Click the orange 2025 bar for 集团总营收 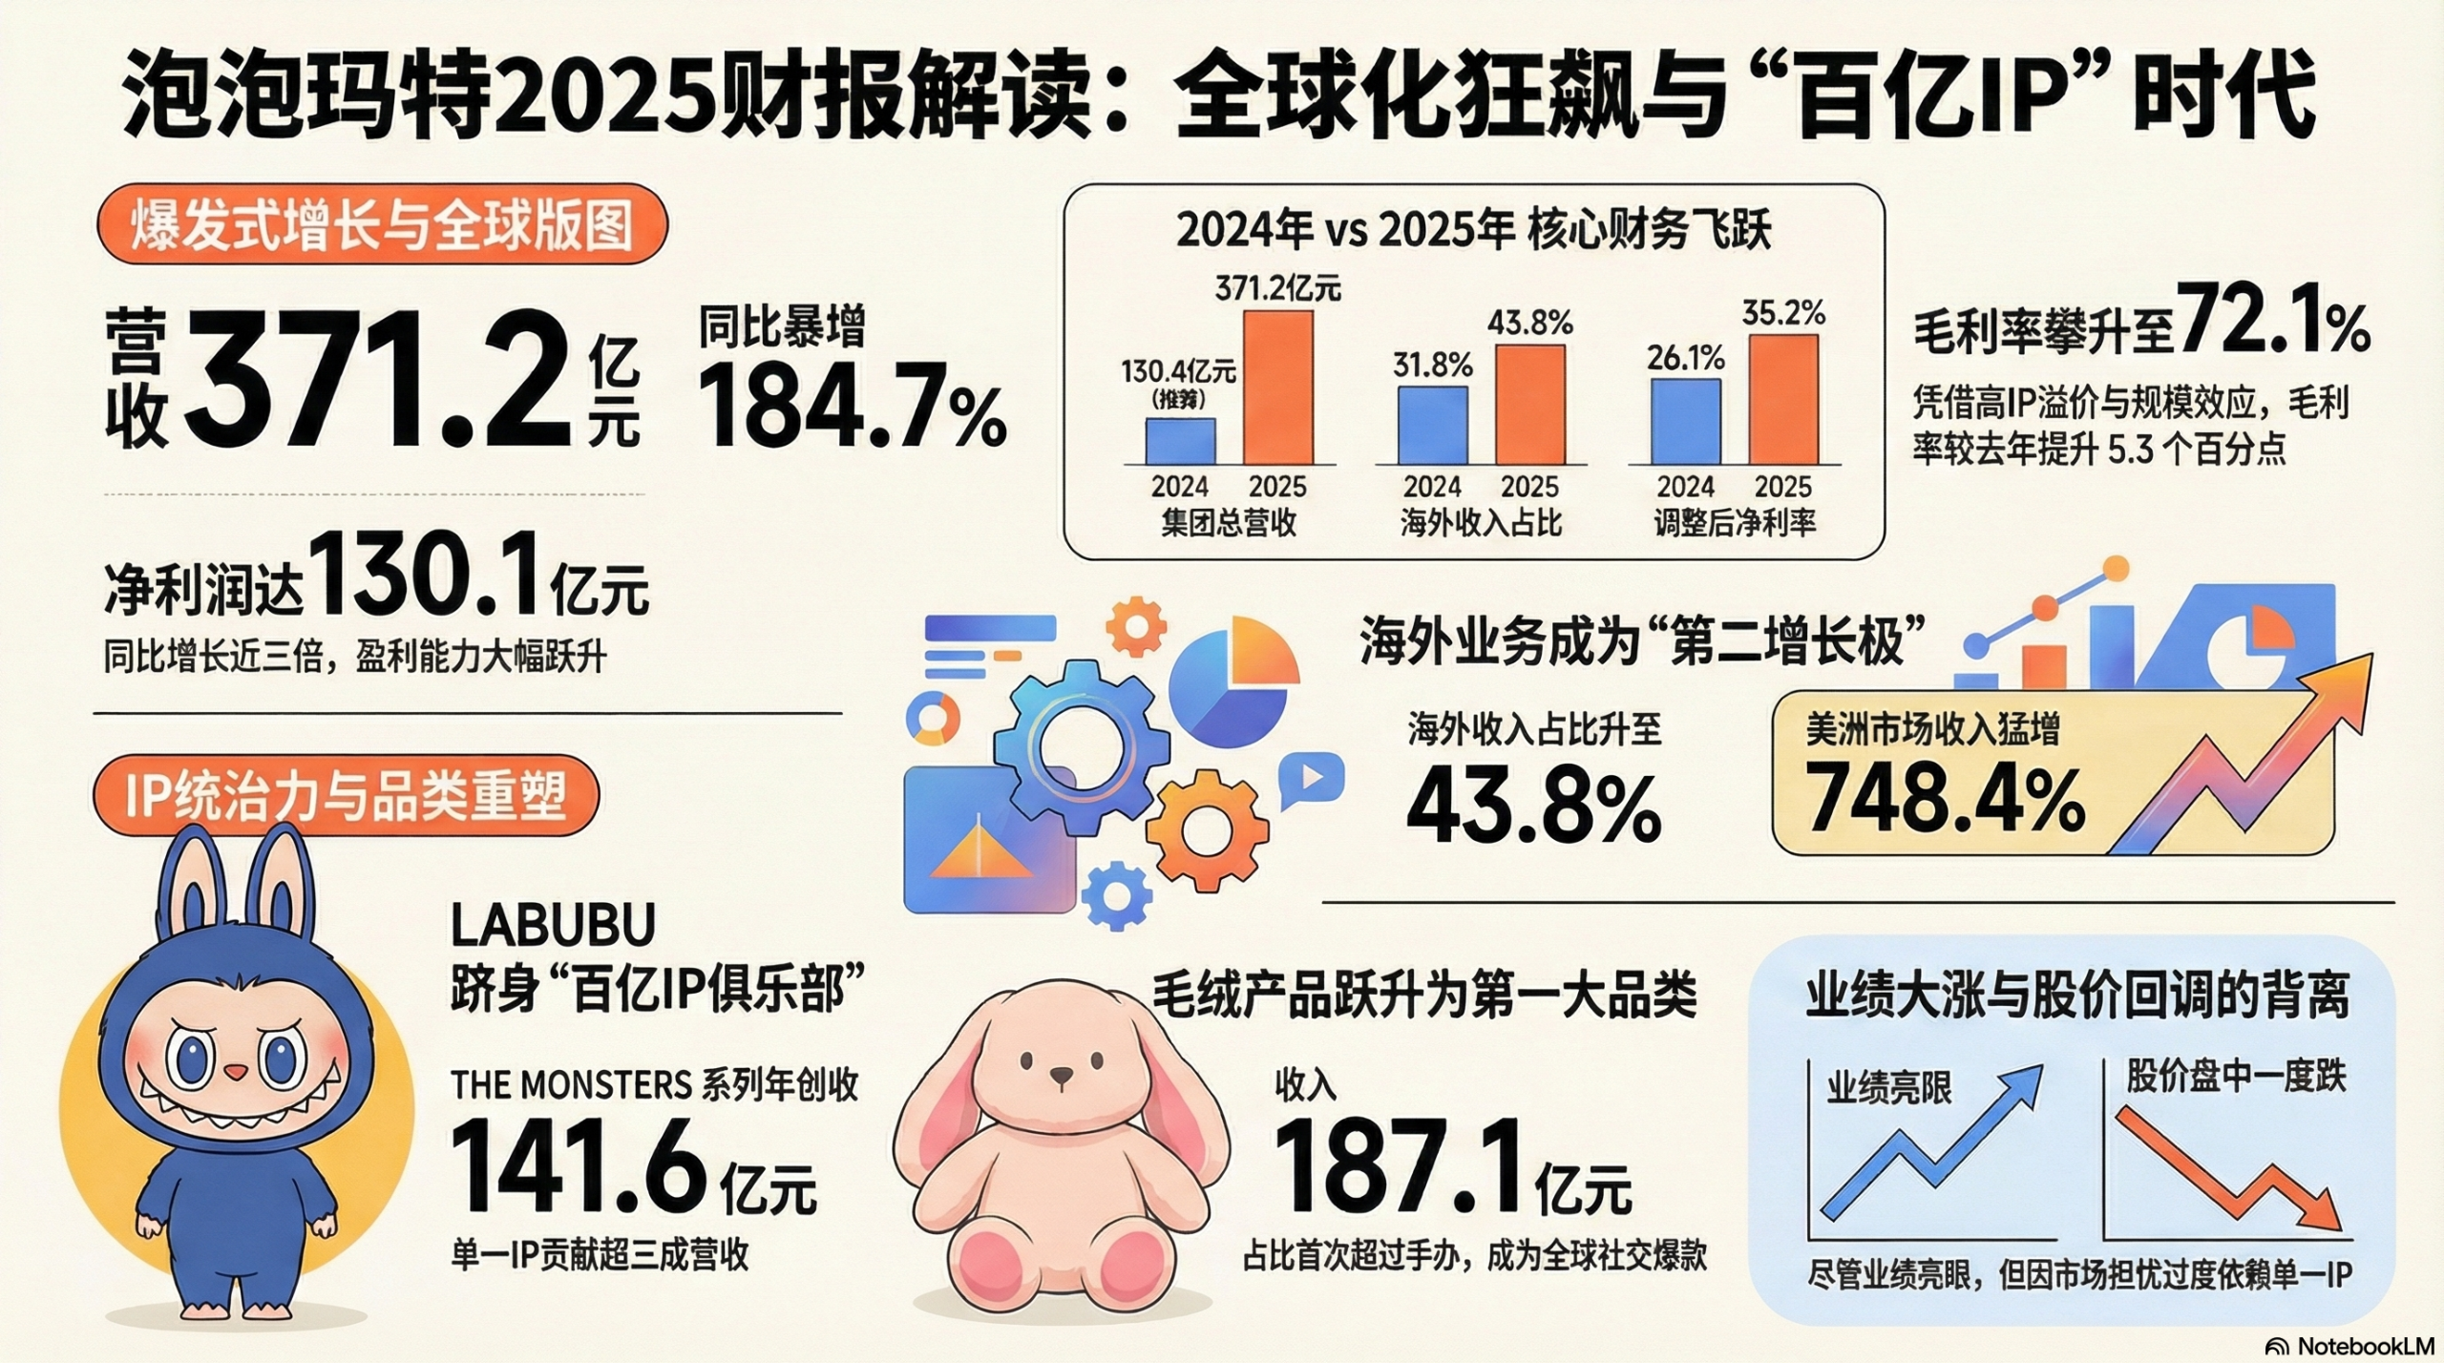pyautogui.click(x=1277, y=388)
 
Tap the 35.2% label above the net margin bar pyautogui.click(x=1783, y=313)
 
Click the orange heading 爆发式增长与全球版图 pyautogui.click(x=382, y=227)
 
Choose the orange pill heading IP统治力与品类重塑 pyautogui.click(x=346, y=796)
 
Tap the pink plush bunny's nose pyautogui.click(x=1062, y=1077)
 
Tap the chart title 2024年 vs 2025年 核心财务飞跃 pyautogui.click(x=1473, y=231)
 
